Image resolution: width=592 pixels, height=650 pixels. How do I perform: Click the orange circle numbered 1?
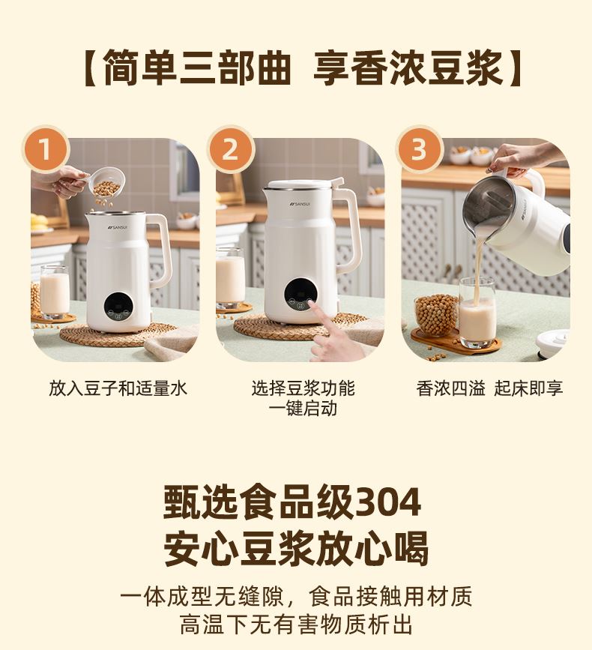(x=45, y=148)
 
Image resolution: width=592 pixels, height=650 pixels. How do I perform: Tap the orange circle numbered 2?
(x=230, y=148)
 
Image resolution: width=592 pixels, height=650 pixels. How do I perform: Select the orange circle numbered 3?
(x=419, y=148)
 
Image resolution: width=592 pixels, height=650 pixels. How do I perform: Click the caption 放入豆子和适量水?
(x=118, y=388)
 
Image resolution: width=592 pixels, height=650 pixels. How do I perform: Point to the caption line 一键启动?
(x=303, y=409)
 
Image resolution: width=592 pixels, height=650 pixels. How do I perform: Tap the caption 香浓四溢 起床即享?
(x=489, y=388)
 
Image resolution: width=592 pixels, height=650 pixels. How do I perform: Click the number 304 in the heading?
(x=388, y=502)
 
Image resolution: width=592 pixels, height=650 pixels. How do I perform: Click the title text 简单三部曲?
(x=197, y=67)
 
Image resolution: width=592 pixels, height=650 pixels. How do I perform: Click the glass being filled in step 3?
(x=477, y=313)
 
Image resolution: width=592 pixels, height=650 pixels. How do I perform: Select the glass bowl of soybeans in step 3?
(x=437, y=314)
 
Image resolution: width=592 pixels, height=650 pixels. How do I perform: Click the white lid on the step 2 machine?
(x=305, y=185)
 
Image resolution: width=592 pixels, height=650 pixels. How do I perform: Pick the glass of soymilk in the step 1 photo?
(x=54, y=292)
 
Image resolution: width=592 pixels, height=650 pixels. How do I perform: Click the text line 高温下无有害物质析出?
(x=296, y=625)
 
